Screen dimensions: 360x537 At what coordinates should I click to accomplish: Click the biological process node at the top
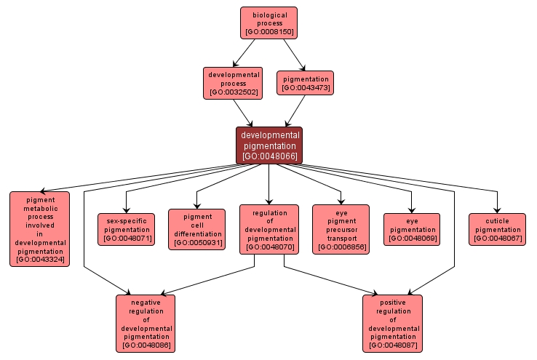click(269, 23)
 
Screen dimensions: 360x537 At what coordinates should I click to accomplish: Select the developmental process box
click(234, 83)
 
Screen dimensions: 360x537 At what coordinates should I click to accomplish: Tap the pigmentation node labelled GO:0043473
click(305, 83)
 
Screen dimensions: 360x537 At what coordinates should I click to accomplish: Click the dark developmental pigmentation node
click(268, 145)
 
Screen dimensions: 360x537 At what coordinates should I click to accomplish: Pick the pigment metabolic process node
click(40, 228)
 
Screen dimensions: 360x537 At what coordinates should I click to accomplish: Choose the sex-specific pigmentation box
click(126, 229)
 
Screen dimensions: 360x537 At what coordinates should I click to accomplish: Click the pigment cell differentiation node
click(197, 229)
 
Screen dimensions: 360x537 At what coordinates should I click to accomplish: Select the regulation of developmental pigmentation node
click(269, 229)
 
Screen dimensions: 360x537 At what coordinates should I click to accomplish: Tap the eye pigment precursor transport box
click(341, 229)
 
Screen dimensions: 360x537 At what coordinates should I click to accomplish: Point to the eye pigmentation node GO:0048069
click(412, 229)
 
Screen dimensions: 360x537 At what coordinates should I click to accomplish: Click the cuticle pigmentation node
click(497, 229)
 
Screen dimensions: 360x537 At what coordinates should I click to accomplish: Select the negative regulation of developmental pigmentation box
click(146, 323)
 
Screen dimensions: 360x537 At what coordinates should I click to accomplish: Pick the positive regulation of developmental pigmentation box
click(392, 323)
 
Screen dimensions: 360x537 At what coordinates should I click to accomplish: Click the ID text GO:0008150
click(269, 32)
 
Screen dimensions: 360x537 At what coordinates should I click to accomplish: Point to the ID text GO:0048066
click(268, 156)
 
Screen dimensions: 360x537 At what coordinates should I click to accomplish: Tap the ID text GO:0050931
click(197, 243)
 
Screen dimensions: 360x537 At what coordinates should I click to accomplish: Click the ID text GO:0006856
click(341, 247)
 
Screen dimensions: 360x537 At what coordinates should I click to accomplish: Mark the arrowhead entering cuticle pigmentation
click(497, 210)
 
